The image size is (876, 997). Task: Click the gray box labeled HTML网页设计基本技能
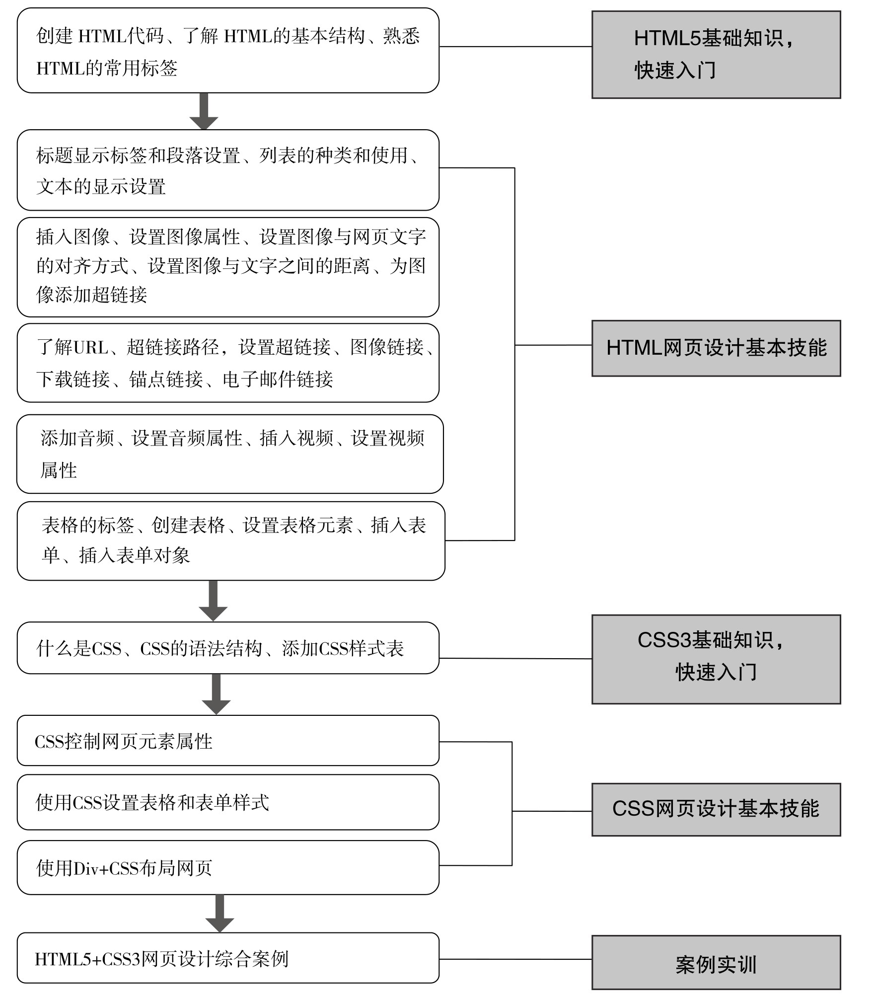click(716, 348)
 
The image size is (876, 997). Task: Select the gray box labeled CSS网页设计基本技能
click(716, 810)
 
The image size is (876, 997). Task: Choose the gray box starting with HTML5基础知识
click(716, 55)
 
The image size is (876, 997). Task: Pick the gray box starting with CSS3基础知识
click(716, 659)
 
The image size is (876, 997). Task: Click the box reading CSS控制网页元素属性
click(228, 741)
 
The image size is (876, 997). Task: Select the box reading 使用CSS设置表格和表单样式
click(228, 802)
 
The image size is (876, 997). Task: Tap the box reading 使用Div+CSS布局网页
click(228, 868)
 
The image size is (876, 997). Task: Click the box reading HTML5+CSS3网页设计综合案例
click(228, 958)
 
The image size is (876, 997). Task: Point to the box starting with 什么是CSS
click(228, 648)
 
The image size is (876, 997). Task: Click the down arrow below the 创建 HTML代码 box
click(204, 112)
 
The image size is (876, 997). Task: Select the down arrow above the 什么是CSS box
click(213, 601)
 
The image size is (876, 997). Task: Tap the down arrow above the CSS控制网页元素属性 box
click(216, 694)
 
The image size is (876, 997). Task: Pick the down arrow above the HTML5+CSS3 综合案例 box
click(219, 914)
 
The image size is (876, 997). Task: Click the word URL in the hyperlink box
click(91, 347)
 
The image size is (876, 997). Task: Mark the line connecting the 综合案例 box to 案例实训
click(515, 959)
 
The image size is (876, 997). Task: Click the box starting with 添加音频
click(230, 454)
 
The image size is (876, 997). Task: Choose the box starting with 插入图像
click(228, 267)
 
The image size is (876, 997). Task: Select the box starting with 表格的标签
click(231, 541)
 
